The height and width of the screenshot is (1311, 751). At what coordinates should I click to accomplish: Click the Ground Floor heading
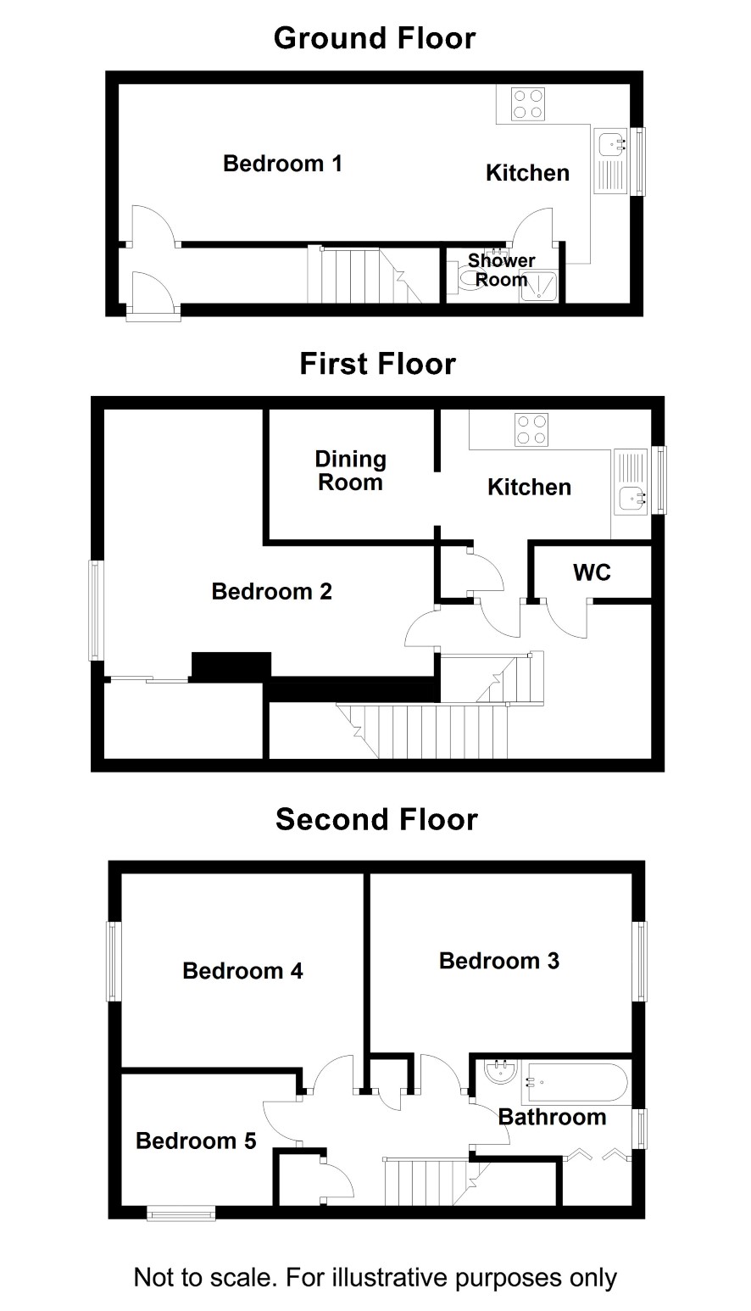click(375, 39)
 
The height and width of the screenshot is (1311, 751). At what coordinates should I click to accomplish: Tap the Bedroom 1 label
click(282, 164)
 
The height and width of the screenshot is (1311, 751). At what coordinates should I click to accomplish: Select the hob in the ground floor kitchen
click(527, 104)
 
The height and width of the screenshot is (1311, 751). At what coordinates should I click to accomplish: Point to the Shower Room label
click(501, 270)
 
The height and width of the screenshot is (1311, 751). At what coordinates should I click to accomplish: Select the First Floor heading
click(377, 364)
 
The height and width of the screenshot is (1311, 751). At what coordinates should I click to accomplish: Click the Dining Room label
click(350, 471)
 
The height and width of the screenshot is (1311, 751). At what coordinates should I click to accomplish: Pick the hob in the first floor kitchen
click(531, 430)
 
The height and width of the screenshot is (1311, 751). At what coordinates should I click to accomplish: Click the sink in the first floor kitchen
click(631, 482)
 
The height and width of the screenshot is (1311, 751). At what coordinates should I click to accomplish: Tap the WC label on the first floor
click(592, 572)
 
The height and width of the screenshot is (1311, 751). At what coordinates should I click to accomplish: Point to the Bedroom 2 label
click(272, 591)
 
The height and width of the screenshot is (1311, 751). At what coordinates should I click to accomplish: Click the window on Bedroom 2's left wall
click(96, 611)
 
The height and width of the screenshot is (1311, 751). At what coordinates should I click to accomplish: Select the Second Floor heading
click(376, 819)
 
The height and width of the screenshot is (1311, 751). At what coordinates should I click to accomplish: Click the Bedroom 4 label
click(242, 970)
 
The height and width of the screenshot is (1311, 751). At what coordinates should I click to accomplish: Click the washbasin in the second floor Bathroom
click(501, 1070)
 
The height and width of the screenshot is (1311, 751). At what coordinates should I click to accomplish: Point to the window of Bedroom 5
click(181, 1213)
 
